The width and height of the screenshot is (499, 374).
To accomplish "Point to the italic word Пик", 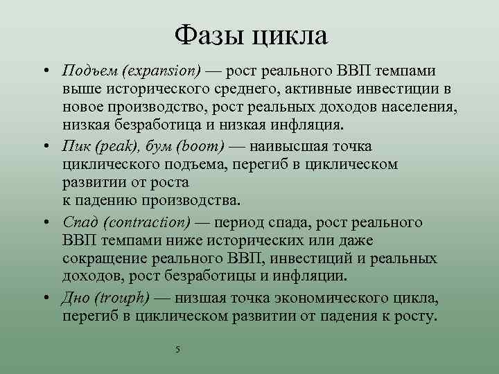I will [75, 147].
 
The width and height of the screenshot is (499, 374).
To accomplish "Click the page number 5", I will [178, 349].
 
